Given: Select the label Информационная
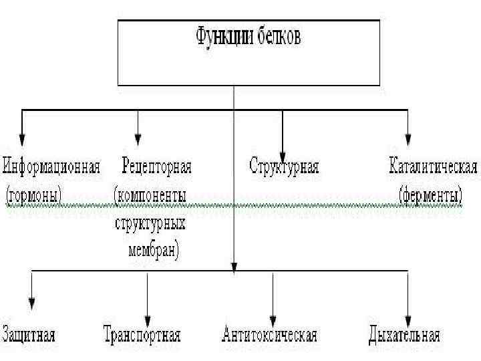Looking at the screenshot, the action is [52, 166].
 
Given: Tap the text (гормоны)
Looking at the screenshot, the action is [34, 195].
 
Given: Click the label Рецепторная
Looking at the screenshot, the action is [156, 166].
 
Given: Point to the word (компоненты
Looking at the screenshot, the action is [150, 195].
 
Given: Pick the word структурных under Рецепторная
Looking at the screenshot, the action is [150, 223].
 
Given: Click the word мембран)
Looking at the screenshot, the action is [153, 251].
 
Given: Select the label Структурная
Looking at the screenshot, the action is [284, 166].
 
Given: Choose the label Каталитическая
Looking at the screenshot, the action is [433, 166].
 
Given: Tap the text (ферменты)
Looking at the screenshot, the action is [431, 195].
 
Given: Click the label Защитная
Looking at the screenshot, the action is [29, 334].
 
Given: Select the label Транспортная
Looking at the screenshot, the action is [143, 334].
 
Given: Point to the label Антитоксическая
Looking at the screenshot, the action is [269, 334].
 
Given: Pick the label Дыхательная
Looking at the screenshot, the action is [404, 334].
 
